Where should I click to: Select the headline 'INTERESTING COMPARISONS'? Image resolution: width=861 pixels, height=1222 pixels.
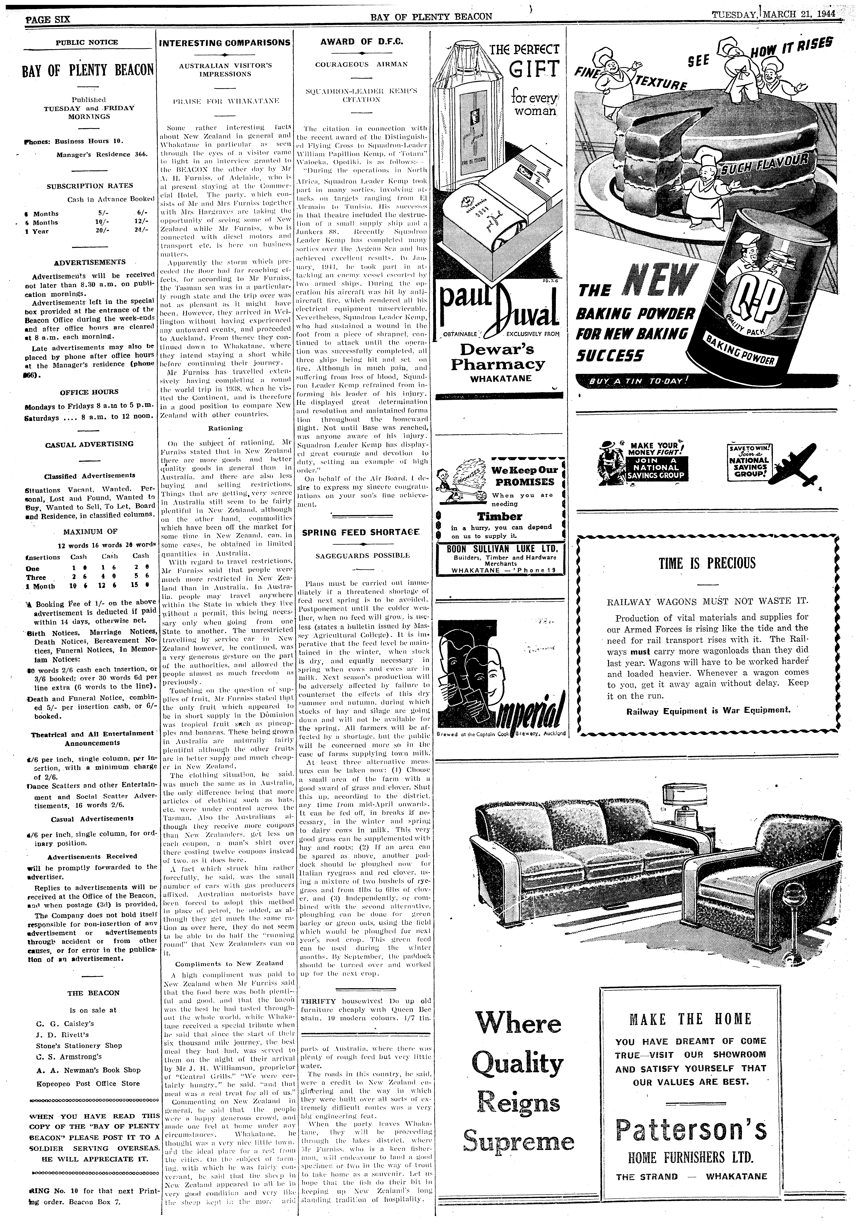point(225,43)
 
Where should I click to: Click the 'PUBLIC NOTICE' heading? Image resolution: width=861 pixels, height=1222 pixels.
point(87,42)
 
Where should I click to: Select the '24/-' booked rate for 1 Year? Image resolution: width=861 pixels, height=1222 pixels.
point(141,231)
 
